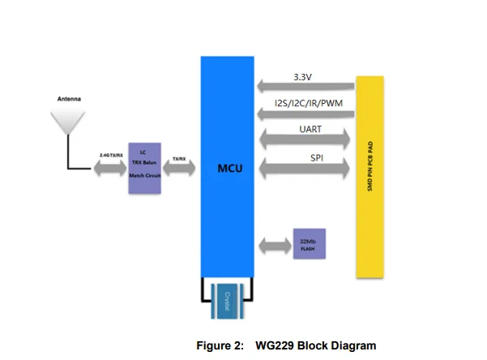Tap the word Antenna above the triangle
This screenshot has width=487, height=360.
click(x=68, y=101)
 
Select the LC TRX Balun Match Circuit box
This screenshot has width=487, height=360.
click(x=144, y=165)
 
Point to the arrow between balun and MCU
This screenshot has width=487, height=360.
click(x=179, y=169)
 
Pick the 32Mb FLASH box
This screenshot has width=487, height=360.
click(x=310, y=244)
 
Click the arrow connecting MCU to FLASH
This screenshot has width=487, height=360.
click(x=275, y=245)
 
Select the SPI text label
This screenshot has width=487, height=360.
click(x=318, y=159)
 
